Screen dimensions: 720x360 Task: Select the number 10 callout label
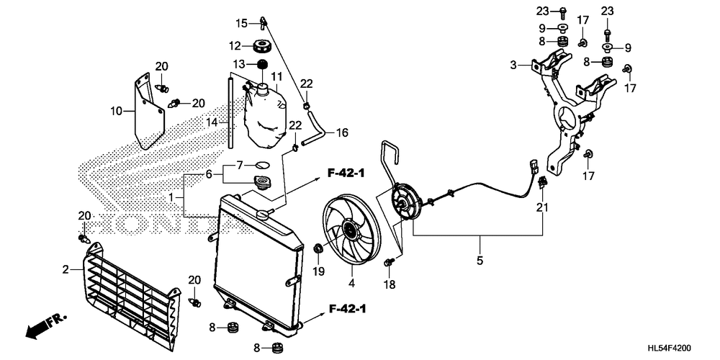117,111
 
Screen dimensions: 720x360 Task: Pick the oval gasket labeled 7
262,164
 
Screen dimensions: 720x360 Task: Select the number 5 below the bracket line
480,261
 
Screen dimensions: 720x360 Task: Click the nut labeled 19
317,249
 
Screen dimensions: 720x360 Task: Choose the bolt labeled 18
389,263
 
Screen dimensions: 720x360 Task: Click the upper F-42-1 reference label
346,173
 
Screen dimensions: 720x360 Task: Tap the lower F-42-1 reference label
348,309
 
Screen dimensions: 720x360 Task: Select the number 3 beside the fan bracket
513,66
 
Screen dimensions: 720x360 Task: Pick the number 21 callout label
542,208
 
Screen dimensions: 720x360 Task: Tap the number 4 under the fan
351,283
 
